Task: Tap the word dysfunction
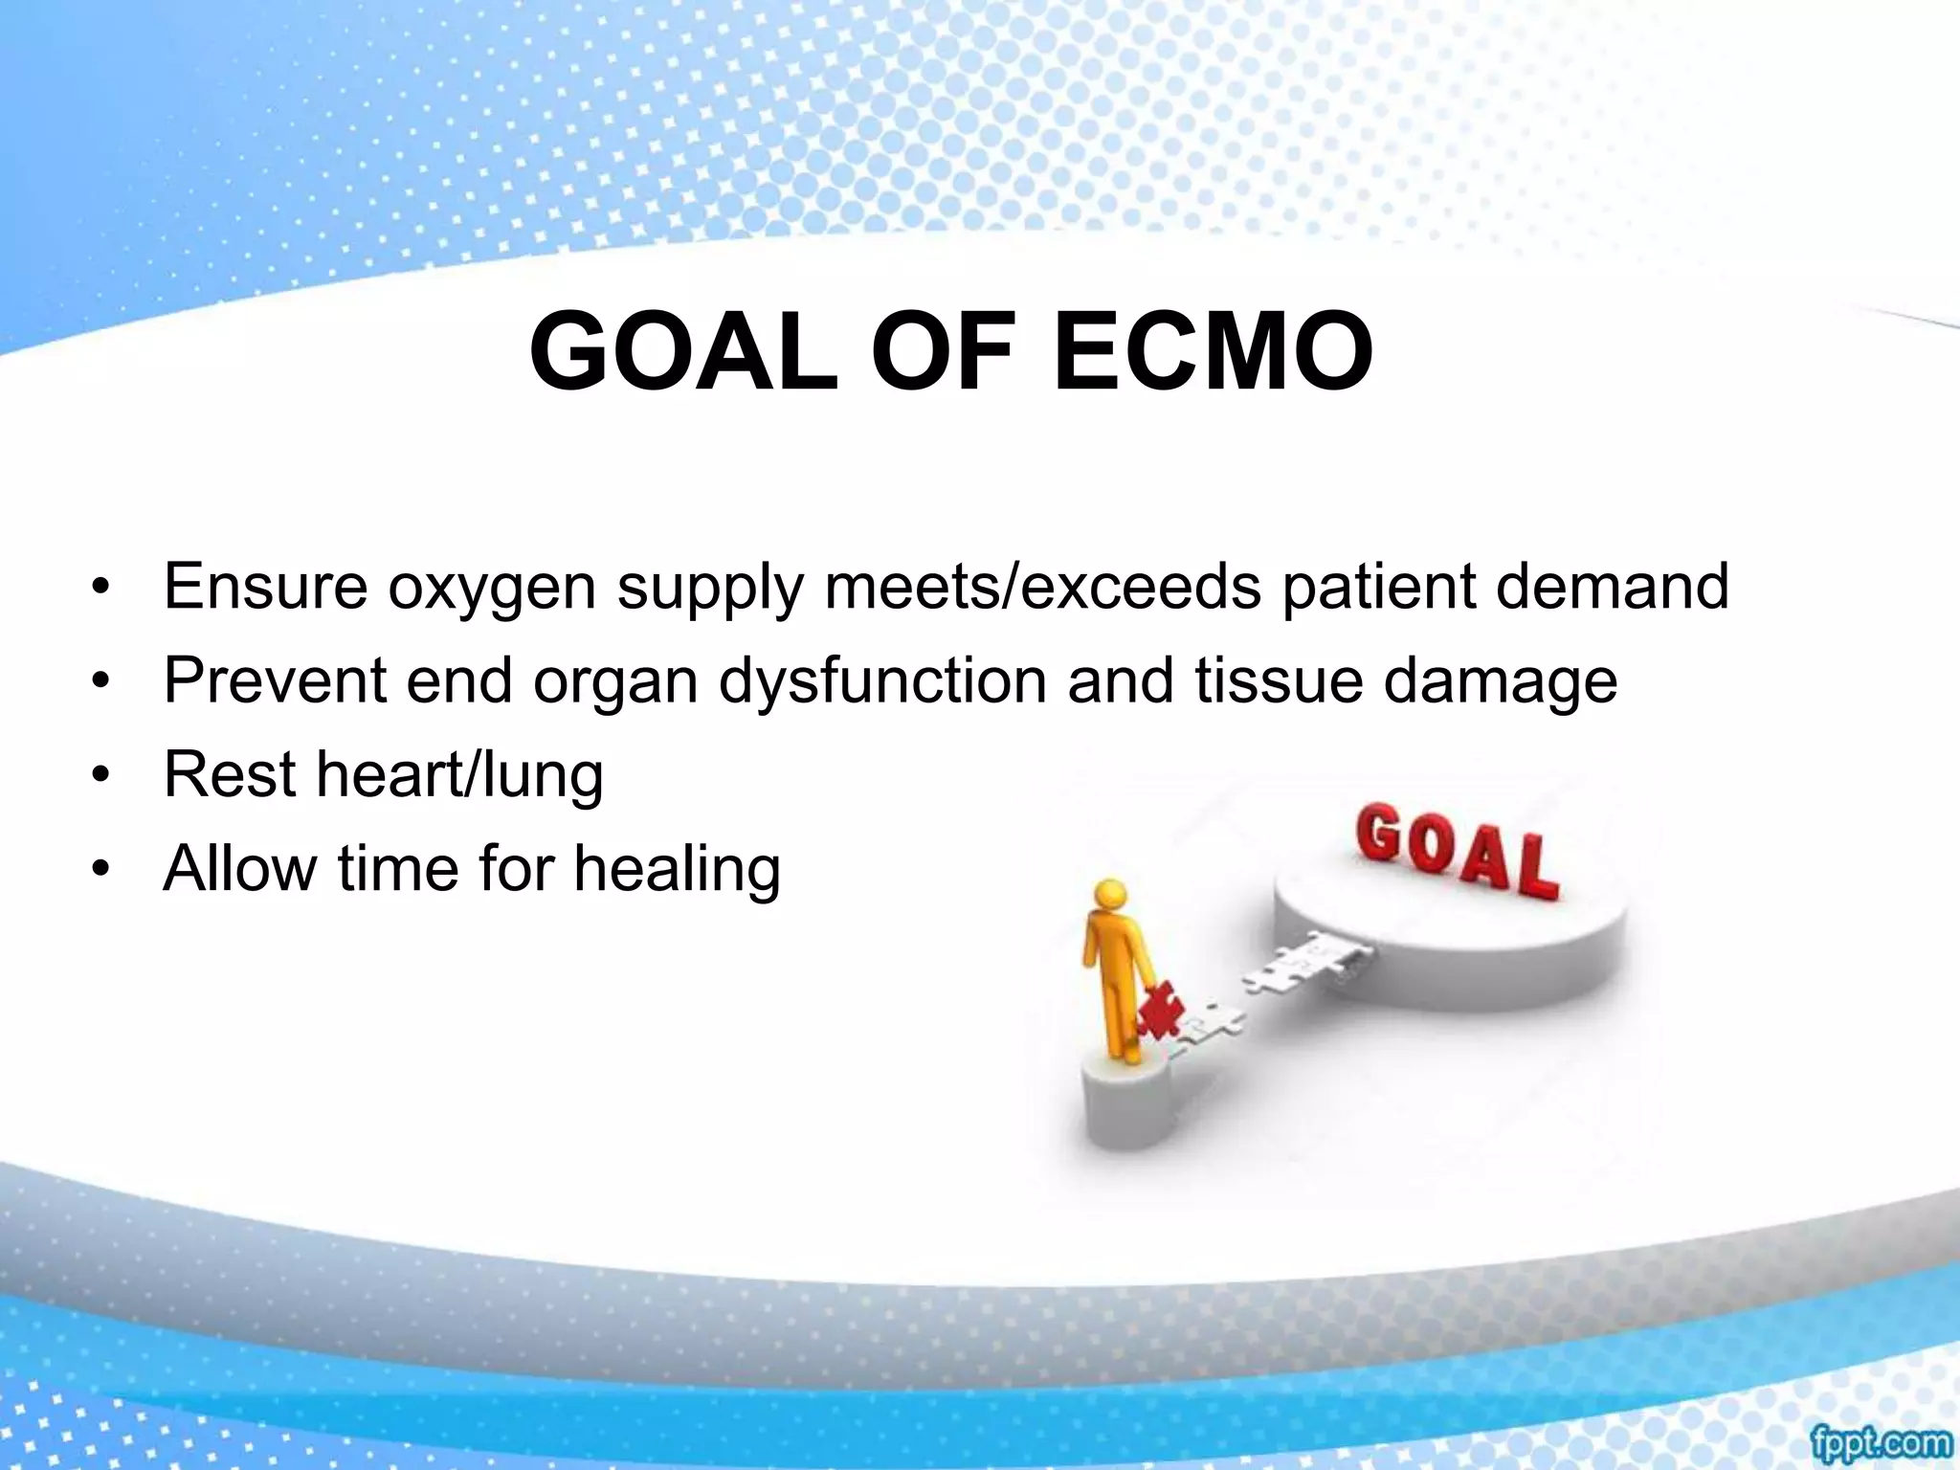(x=883, y=681)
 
